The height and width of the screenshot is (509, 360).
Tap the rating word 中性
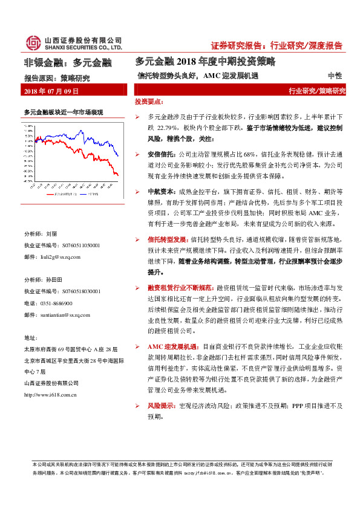[x=335, y=76]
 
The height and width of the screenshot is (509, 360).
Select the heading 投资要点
[x=148, y=102]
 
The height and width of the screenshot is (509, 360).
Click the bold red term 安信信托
[x=159, y=154]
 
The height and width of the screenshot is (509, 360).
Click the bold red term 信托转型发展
[x=162, y=239]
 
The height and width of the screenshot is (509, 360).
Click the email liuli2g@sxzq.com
[x=60, y=257]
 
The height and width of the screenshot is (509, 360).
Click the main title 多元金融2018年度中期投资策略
[x=205, y=61]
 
